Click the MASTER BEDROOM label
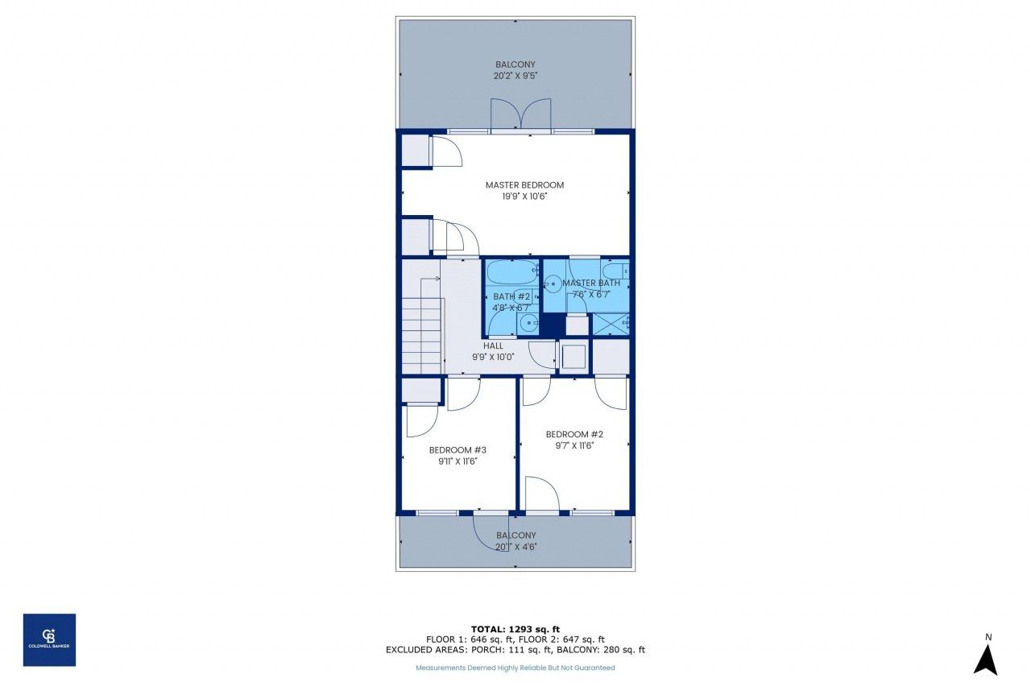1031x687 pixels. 524,185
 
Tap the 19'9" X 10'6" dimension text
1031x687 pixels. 524,196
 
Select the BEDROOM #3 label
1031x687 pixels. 458,450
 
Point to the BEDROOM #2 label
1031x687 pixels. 574,434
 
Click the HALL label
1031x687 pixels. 493,346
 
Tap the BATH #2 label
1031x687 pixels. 511,297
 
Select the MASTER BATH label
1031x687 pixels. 591,283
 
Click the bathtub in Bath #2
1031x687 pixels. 511,272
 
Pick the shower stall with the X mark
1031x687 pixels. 611,324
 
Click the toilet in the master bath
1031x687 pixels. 615,271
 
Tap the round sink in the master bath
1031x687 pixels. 553,283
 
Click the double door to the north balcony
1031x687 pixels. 520,115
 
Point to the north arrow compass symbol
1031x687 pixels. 985,656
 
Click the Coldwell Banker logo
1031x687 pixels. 49,639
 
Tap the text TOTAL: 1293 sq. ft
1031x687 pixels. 515,628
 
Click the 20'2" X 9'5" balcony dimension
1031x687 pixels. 515,76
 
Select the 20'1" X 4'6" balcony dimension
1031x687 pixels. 516,547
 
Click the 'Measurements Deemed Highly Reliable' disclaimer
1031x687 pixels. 515,668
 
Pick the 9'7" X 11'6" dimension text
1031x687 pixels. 574,445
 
